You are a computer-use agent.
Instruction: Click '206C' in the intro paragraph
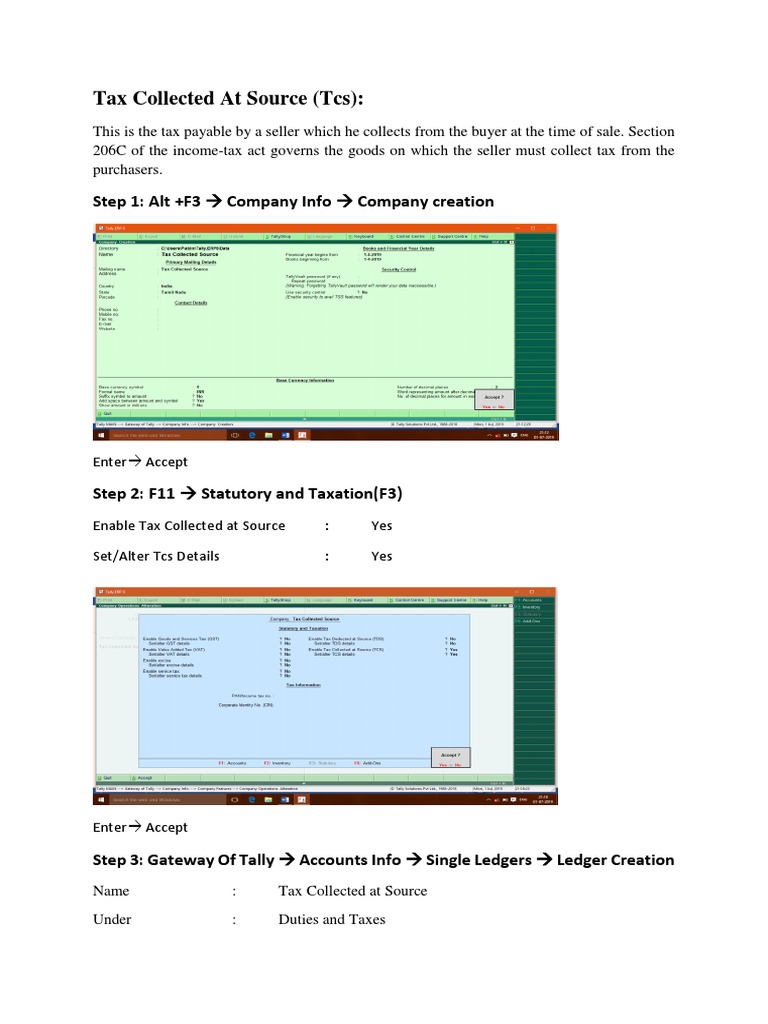click(111, 151)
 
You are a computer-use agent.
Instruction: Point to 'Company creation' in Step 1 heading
click(425, 201)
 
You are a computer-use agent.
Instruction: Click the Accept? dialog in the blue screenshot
click(450, 757)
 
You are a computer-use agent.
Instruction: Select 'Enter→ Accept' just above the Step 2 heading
click(140, 462)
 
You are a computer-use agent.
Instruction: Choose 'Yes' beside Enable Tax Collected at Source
click(381, 526)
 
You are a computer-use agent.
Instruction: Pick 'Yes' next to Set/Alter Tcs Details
click(381, 556)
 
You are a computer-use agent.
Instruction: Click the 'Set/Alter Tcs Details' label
click(156, 556)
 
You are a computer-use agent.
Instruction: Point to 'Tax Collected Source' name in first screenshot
click(189, 255)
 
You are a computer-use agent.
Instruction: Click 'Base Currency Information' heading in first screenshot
click(305, 380)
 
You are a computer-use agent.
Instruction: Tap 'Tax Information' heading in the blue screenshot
click(304, 685)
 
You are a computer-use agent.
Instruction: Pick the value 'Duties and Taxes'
click(331, 919)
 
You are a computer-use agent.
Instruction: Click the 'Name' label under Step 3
click(112, 891)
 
